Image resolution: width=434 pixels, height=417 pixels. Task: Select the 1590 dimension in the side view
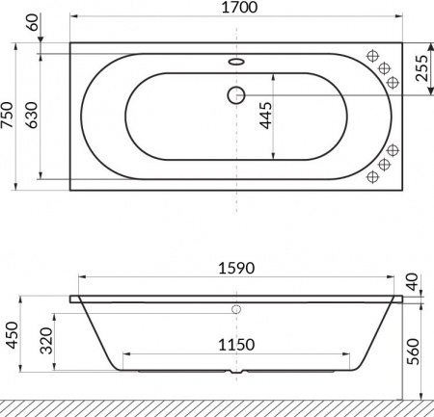236,269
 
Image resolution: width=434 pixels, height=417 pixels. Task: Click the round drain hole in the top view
236,94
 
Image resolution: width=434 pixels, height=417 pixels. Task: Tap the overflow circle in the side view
236,310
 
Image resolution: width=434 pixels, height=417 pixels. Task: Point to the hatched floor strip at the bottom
217,407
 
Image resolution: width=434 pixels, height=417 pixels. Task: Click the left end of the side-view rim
73,298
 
